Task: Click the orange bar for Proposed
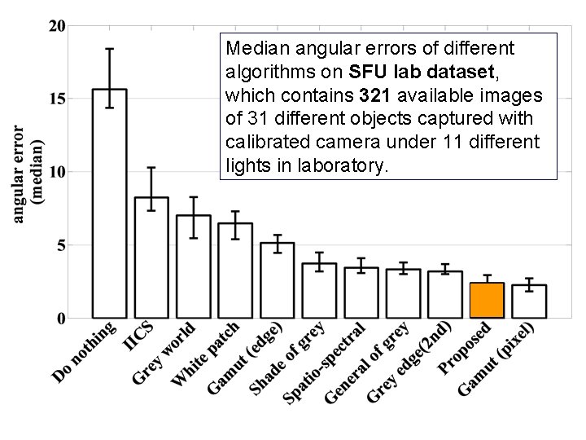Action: (487, 301)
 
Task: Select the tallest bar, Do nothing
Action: (109, 204)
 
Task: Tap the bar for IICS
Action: (151, 257)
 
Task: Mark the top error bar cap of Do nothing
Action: (109, 49)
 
